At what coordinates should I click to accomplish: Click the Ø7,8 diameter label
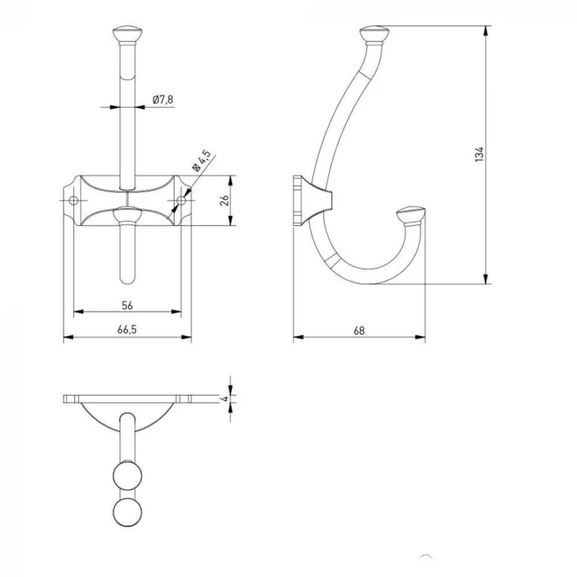(163, 100)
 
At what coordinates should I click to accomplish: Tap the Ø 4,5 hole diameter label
(202, 161)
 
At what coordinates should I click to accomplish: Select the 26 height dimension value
(224, 200)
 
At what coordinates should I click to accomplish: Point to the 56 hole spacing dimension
(127, 305)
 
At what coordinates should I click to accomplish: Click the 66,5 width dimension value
(127, 330)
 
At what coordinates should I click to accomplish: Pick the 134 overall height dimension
(479, 154)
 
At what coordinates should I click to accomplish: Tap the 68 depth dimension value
(359, 331)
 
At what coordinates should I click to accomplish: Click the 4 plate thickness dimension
(224, 398)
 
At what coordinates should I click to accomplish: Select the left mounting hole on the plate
(73, 200)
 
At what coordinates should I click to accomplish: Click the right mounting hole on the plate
(181, 200)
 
